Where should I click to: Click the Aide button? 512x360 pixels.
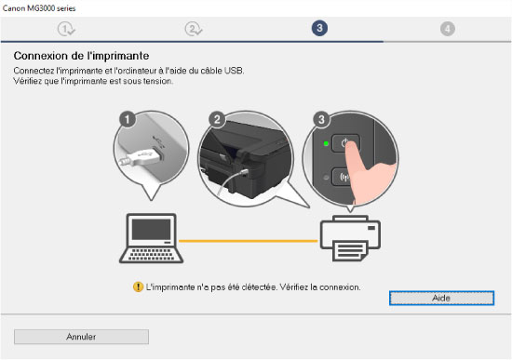click(441, 298)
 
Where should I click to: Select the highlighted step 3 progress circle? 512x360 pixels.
click(319, 28)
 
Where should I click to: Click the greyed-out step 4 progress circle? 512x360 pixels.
click(448, 29)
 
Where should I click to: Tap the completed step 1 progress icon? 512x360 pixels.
click(66, 29)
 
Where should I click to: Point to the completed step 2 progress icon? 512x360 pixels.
click(194, 29)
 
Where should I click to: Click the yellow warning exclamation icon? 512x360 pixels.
click(138, 287)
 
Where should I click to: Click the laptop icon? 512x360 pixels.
click(151, 238)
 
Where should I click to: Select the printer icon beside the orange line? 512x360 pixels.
click(350, 238)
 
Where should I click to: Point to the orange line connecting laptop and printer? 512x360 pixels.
click(249, 241)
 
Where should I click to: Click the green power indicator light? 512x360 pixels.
click(326, 143)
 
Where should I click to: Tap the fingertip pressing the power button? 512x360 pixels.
click(352, 147)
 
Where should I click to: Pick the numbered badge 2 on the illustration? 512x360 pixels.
click(217, 119)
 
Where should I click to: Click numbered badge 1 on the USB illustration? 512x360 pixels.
click(127, 119)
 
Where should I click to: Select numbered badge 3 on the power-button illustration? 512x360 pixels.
click(321, 119)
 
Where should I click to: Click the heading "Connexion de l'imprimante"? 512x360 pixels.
click(81, 56)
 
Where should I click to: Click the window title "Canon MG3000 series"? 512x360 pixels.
click(39, 8)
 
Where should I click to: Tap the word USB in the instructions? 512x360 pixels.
click(234, 71)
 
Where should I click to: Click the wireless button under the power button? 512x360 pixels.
click(342, 178)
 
